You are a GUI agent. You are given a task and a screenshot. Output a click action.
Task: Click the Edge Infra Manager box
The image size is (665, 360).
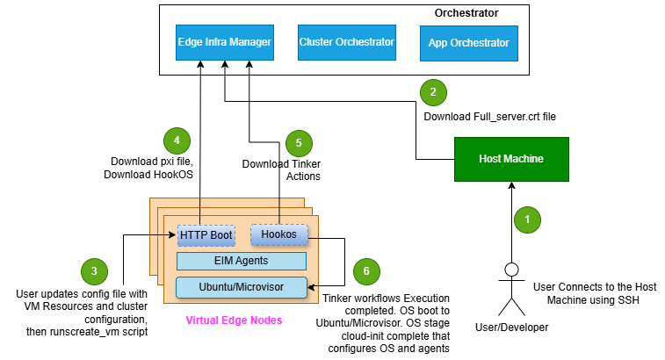224,42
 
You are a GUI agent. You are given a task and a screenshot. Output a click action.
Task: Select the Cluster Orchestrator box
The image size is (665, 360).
346,42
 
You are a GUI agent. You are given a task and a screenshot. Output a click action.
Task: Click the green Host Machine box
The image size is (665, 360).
510,159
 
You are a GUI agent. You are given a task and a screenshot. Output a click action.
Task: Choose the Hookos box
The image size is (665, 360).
279,234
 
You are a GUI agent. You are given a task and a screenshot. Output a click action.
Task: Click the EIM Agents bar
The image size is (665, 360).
242,261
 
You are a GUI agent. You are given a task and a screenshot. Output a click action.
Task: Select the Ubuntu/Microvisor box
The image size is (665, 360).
242,286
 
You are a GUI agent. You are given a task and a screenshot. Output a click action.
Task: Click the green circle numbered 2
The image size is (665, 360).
432,91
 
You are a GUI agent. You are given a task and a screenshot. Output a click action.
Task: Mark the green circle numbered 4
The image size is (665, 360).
177,140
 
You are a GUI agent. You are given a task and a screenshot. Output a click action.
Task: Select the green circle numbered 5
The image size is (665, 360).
299,142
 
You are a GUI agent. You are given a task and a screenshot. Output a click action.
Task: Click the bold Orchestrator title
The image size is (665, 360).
466,13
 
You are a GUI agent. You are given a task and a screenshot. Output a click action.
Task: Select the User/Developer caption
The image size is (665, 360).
510,328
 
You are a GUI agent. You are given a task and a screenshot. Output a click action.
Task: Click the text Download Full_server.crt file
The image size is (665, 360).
489,115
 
